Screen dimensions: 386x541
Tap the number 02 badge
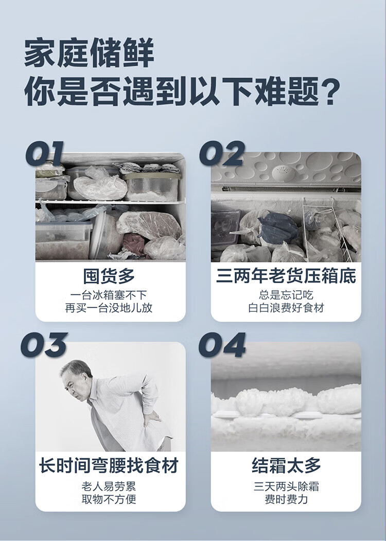coord(222,154)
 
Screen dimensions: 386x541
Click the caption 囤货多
coord(109,276)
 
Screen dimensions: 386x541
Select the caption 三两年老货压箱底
coord(286,276)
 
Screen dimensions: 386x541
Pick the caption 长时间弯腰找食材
coord(109,465)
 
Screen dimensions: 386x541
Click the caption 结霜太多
coord(286,465)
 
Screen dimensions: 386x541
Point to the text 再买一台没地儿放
coord(109,308)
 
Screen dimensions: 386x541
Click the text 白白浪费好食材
coord(286,308)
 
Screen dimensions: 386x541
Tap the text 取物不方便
coord(109,499)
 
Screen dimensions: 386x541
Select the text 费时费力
coord(286,499)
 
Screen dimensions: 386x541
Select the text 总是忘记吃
coord(286,295)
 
